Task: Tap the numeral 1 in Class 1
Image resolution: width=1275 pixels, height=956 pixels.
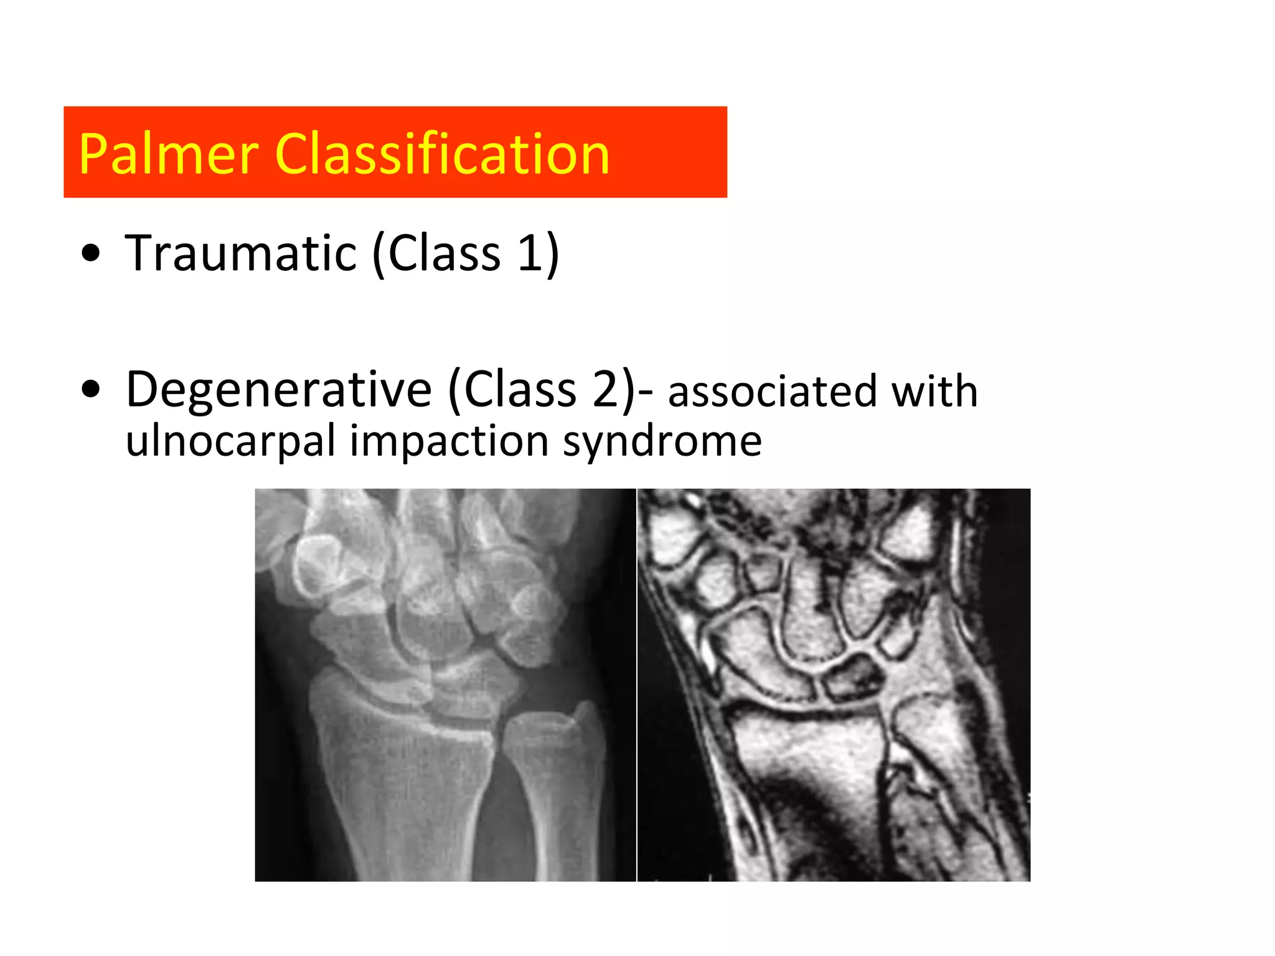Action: coord(530,253)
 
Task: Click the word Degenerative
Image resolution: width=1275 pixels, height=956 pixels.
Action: coord(278,390)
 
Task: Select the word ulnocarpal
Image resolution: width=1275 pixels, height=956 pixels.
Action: coord(230,441)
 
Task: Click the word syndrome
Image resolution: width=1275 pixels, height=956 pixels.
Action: coord(662,441)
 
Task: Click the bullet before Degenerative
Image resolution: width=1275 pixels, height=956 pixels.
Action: coord(91,390)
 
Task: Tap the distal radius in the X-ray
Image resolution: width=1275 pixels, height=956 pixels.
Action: coord(398,747)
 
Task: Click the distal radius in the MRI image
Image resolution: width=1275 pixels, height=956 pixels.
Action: coord(803,747)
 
